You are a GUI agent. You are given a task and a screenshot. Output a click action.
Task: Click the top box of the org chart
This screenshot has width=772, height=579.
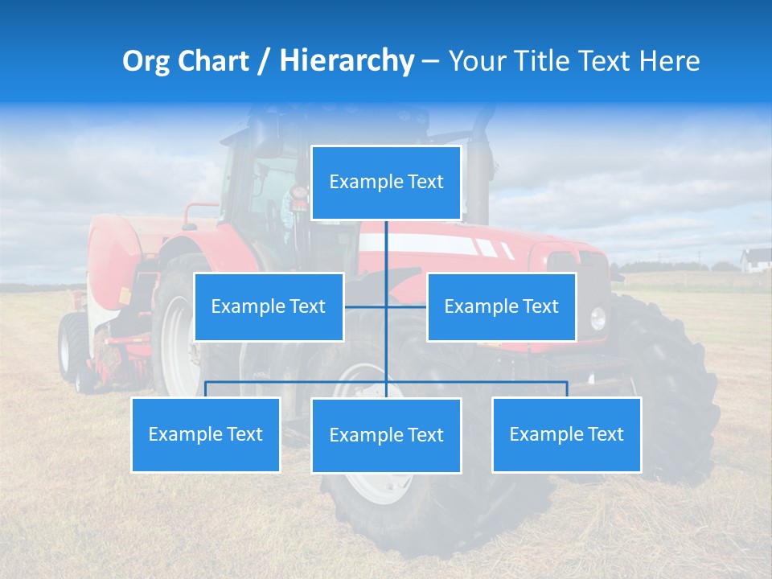point(386,183)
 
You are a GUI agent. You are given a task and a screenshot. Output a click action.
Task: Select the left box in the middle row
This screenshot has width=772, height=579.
point(269,306)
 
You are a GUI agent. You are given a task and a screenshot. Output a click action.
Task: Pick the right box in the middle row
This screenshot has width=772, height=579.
point(501,306)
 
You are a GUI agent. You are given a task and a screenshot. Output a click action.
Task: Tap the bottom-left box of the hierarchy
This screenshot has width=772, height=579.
point(205,434)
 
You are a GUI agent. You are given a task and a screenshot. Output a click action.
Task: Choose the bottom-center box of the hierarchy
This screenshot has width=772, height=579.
point(386,435)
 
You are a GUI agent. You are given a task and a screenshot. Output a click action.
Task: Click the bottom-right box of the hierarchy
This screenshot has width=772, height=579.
point(566,434)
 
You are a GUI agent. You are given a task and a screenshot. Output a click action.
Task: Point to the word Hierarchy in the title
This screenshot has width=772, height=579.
point(347,61)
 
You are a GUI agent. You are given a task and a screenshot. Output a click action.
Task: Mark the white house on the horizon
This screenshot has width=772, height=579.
point(756,260)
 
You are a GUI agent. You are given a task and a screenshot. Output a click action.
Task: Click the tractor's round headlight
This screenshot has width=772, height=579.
point(598,319)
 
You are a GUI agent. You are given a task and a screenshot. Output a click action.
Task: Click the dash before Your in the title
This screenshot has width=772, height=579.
point(430,61)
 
